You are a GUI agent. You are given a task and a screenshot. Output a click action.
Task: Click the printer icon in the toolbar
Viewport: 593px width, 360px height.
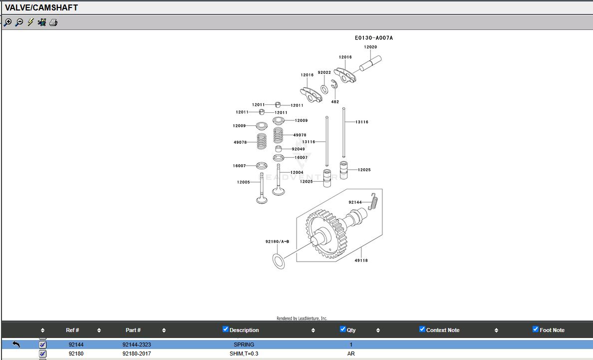click(x=53, y=22)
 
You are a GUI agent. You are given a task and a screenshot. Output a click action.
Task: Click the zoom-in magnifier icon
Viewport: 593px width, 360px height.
click(x=7, y=22)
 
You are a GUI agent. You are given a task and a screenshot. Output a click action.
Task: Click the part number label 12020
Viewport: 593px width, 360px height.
click(x=370, y=47)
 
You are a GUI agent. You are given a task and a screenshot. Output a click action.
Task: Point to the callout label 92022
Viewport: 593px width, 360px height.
click(x=324, y=72)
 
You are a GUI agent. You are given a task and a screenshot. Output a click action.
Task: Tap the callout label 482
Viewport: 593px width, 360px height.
click(x=335, y=102)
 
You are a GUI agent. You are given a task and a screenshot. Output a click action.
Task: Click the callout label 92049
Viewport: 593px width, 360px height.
click(x=298, y=149)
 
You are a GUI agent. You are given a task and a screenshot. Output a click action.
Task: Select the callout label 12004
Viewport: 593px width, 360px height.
click(x=297, y=172)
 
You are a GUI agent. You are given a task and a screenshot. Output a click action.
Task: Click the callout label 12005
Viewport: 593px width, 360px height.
click(x=244, y=182)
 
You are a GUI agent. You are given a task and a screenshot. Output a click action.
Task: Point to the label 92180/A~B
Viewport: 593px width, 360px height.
click(x=277, y=242)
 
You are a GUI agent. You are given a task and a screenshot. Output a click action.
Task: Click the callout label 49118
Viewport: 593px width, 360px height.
click(x=361, y=260)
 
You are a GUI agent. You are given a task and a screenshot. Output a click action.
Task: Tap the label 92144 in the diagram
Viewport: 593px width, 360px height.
click(x=355, y=202)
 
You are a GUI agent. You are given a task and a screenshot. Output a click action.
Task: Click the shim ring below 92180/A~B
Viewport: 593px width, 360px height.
click(x=279, y=261)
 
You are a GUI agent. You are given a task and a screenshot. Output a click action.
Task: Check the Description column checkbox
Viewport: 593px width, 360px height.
click(x=226, y=330)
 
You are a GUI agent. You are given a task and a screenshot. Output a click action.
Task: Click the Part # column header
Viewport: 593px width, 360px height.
click(x=133, y=330)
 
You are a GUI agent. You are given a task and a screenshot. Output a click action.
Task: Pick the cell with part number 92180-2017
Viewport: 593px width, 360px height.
click(x=137, y=354)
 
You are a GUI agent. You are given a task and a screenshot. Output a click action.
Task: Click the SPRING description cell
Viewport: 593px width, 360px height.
click(x=244, y=345)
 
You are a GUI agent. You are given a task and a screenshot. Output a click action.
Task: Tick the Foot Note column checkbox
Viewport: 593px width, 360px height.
click(x=536, y=330)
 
